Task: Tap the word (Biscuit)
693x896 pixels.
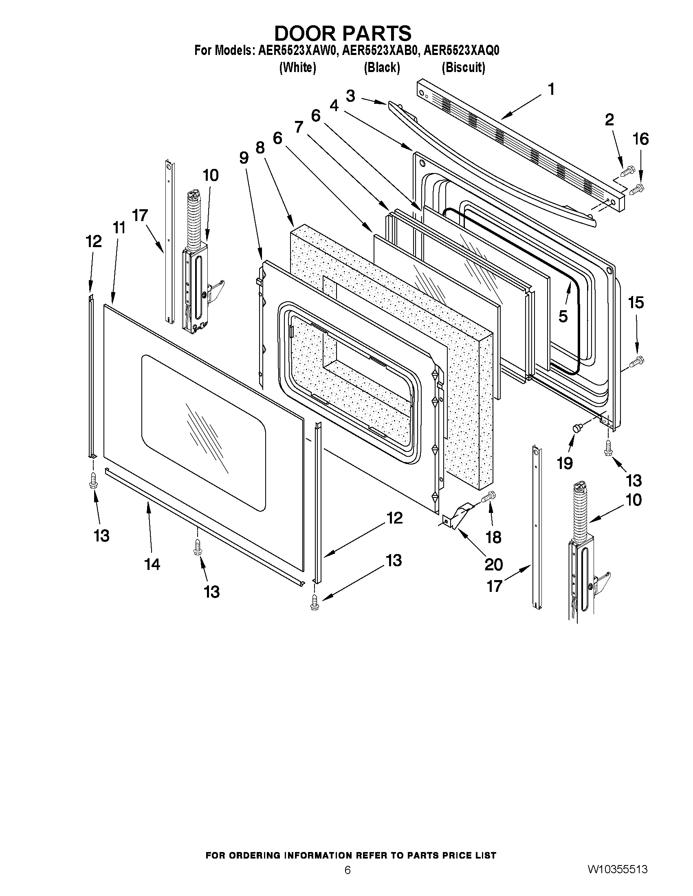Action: click(463, 68)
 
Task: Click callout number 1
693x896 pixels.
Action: click(551, 89)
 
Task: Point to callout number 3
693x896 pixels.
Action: click(350, 96)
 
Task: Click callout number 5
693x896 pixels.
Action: click(563, 316)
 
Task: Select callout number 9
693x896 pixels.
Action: click(244, 157)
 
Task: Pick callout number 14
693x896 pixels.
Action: click(152, 565)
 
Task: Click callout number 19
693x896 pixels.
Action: click(565, 463)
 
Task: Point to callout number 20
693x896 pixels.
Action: click(493, 565)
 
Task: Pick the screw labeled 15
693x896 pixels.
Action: click(637, 361)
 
